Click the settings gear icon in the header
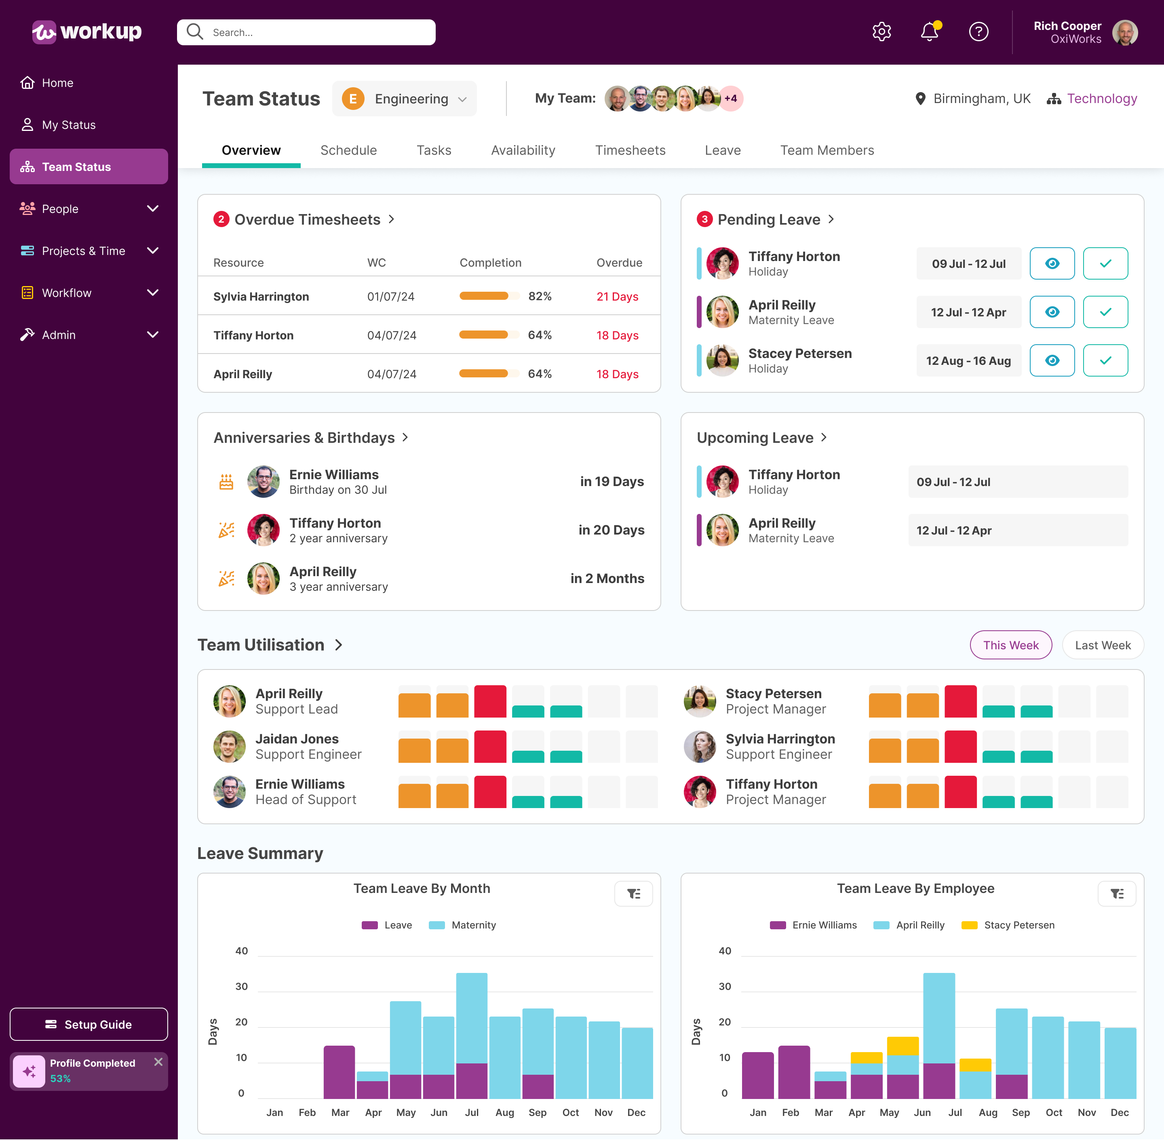(881, 32)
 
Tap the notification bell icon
(929, 32)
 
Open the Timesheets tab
(630, 150)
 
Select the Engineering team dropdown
(405, 99)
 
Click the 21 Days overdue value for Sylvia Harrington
(617, 297)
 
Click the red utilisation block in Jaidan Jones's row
(490, 747)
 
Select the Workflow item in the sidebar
(67, 293)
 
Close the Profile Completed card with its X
(158, 1062)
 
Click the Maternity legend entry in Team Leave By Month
(463, 925)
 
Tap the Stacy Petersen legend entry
(1008, 925)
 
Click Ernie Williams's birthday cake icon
(226, 482)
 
